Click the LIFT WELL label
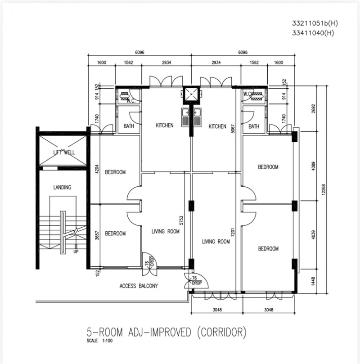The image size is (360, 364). pyautogui.click(x=64, y=152)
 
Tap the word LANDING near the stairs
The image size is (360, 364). pyautogui.click(x=62, y=187)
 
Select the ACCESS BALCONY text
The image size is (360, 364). pyautogui.click(x=139, y=286)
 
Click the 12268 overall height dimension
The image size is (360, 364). pyautogui.click(x=324, y=189)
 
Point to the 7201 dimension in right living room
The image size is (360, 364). pyautogui.click(x=233, y=232)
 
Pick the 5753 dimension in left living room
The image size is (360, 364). pyautogui.click(x=181, y=220)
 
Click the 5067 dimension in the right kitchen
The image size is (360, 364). pyautogui.click(x=233, y=129)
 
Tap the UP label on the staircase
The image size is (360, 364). pyautogui.click(x=76, y=252)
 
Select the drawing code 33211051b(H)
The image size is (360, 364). pyautogui.click(x=315, y=23)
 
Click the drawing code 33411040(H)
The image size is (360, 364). pyautogui.click(x=313, y=33)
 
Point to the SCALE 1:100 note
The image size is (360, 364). pyautogui.click(x=99, y=341)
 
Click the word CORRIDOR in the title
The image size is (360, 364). pyautogui.click(x=222, y=332)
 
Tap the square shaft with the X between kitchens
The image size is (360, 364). pyautogui.click(x=191, y=95)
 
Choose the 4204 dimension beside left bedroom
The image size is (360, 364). pyautogui.click(x=97, y=169)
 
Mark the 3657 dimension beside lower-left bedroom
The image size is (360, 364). pyautogui.click(x=97, y=235)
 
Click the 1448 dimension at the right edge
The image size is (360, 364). pyautogui.click(x=313, y=281)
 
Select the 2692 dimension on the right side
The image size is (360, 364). pyautogui.click(x=313, y=108)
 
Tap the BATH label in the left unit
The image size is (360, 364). pyautogui.click(x=129, y=126)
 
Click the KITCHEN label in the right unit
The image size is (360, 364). pyautogui.click(x=217, y=126)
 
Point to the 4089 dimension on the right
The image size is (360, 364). pyautogui.click(x=313, y=166)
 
